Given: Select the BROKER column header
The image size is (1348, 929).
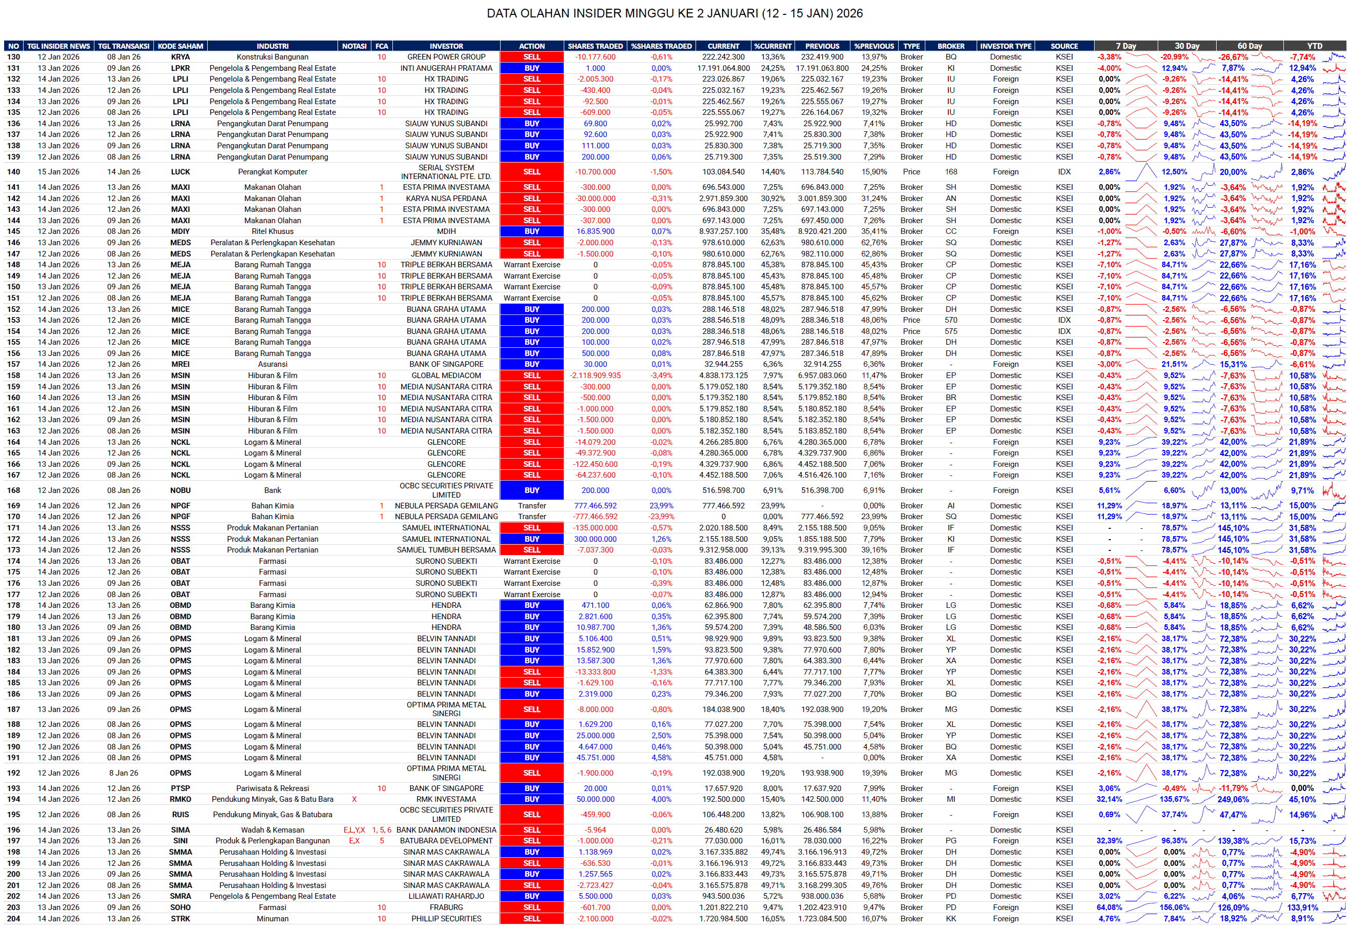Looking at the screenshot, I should click(x=950, y=46).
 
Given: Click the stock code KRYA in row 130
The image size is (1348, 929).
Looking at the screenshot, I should click(x=181, y=57).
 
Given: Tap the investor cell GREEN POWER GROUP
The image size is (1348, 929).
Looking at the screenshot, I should click(x=446, y=57).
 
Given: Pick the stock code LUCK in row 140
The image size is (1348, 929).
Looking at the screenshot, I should click(x=181, y=172).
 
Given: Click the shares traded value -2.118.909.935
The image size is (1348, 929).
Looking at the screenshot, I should click(x=595, y=375).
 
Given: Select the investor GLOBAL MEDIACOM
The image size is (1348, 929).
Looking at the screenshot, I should click(x=446, y=375).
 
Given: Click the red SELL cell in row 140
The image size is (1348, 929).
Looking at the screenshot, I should click(x=531, y=172).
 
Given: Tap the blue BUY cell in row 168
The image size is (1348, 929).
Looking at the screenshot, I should click(x=531, y=490).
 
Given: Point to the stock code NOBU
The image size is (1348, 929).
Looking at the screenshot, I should click(x=181, y=490).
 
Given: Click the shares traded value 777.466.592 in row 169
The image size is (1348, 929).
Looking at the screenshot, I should click(x=595, y=506).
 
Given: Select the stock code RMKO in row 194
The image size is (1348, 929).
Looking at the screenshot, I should click(x=181, y=799).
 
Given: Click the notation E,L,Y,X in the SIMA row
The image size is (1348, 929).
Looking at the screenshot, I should click(x=354, y=830).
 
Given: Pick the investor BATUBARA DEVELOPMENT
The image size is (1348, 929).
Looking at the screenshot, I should click(x=446, y=841).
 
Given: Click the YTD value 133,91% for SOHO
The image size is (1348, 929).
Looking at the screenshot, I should click(x=1302, y=907).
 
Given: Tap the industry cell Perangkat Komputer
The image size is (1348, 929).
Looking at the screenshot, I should click(x=272, y=172).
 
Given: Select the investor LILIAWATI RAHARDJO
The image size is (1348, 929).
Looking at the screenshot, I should click(x=446, y=896).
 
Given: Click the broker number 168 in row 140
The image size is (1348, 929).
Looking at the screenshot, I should click(x=950, y=172).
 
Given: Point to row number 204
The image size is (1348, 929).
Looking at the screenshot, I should click(x=13, y=919).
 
